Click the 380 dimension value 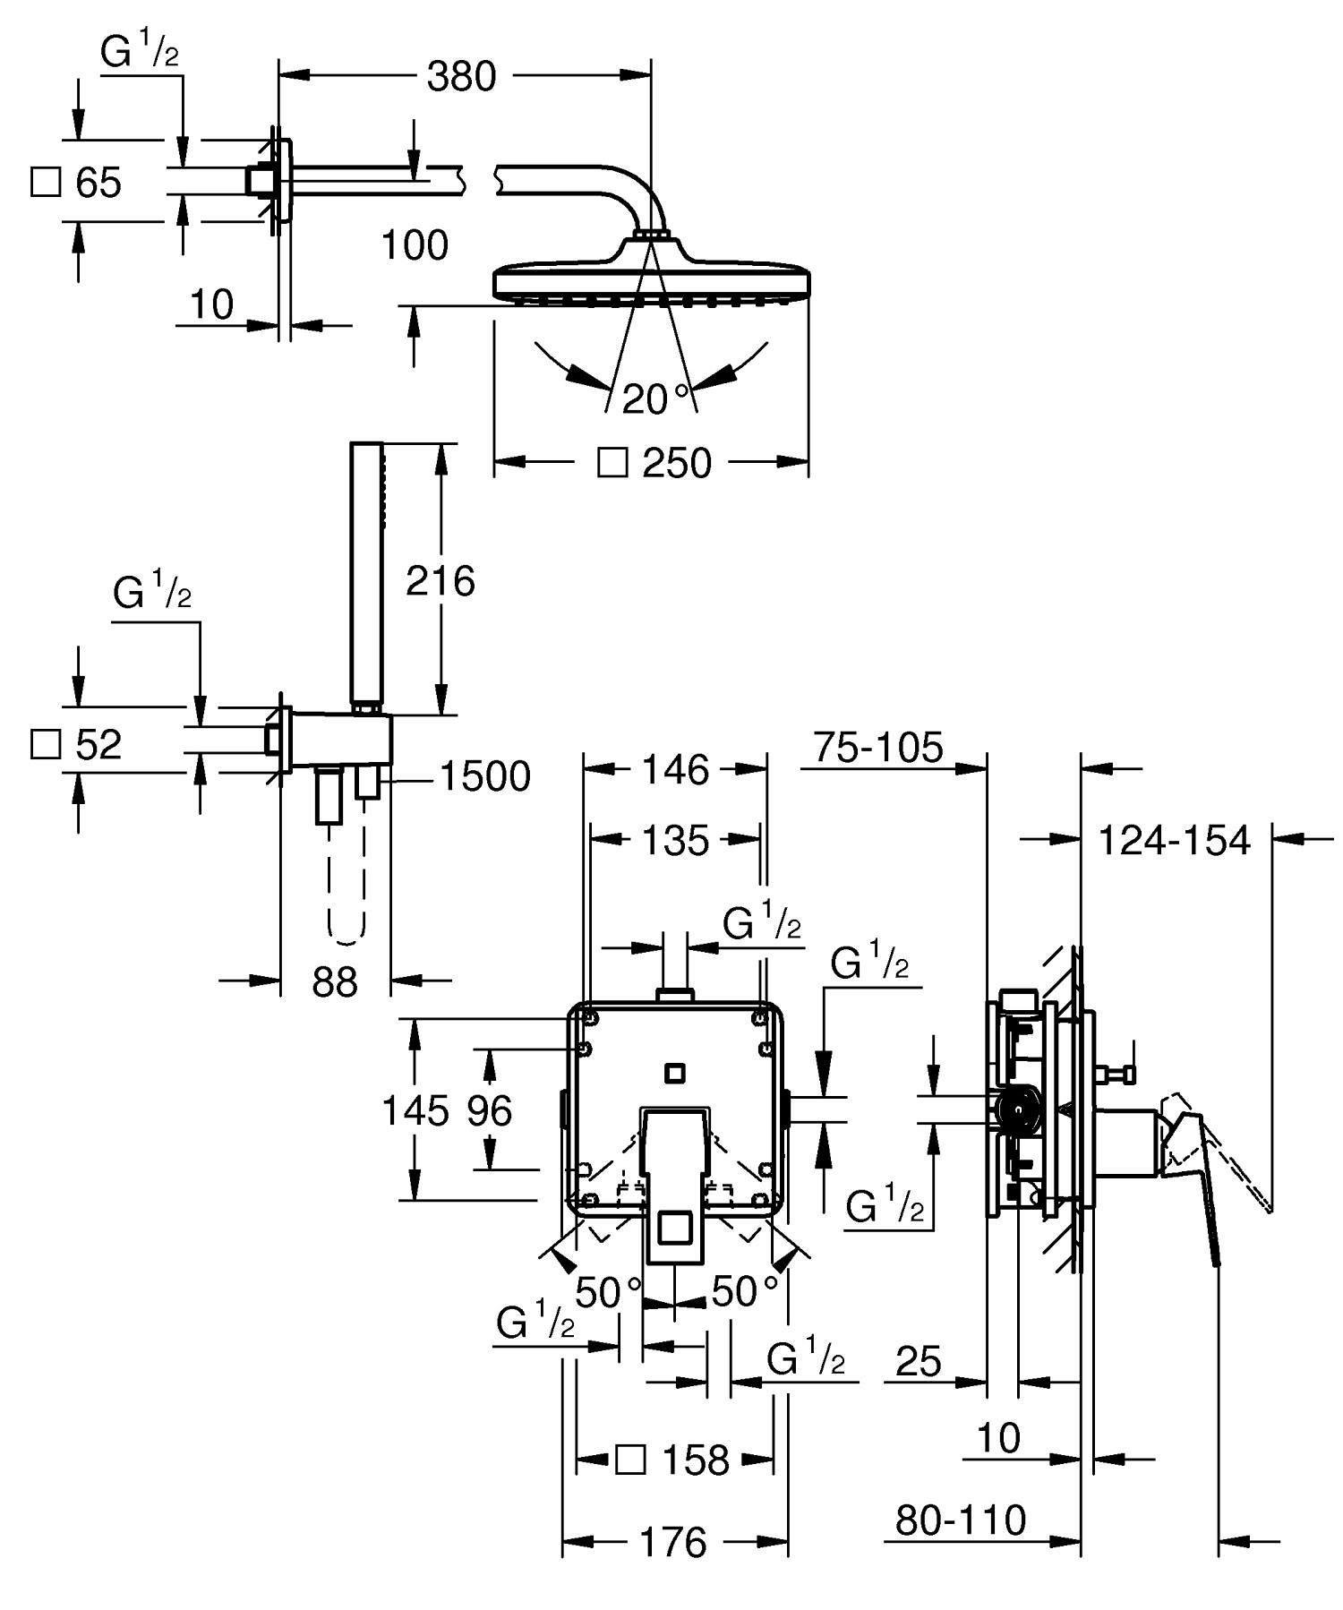[x=461, y=77]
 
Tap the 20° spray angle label [x=656, y=398]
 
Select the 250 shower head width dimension [x=677, y=464]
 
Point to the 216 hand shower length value [x=440, y=582]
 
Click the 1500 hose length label [x=484, y=776]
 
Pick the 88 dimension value [x=335, y=981]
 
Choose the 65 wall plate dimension [x=98, y=184]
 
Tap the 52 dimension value [x=98, y=745]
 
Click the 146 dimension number [x=675, y=770]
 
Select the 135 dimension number [x=675, y=842]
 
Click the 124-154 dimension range [x=1173, y=841]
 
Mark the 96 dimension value [x=490, y=1111]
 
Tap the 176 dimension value [x=673, y=1542]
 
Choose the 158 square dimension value [x=696, y=1460]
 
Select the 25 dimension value [x=919, y=1362]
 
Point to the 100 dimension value [x=415, y=245]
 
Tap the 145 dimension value [x=415, y=1111]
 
